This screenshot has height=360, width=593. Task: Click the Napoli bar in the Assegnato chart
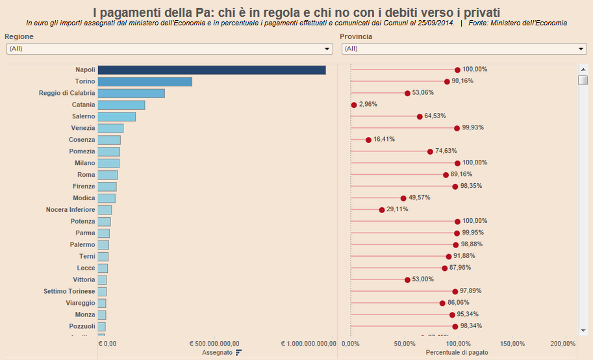click(x=212, y=70)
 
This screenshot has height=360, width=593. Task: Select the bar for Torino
click(x=145, y=82)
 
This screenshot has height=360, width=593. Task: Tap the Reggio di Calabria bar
click(x=131, y=94)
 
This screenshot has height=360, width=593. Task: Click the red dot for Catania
click(x=354, y=105)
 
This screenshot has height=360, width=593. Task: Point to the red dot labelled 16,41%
click(x=368, y=140)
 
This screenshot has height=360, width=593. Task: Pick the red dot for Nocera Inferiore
click(x=382, y=210)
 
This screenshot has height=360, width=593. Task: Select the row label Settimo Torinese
click(x=69, y=291)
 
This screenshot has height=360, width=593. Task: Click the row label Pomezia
click(x=82, y=151)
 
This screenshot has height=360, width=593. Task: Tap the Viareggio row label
click(x=80, y=303)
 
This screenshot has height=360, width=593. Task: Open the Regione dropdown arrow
click(x=327, y=49)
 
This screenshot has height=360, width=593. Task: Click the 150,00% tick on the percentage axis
click(x=513, y=343)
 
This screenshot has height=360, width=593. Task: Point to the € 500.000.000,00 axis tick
click(x=214, y=343)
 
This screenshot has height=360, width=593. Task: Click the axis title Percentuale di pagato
click(x=457, y=352)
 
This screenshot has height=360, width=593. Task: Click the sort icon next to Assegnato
click(x=239, y=352)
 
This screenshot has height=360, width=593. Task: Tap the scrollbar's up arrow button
click(x=583, y=70)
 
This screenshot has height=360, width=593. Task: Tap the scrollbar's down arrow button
click(x=583, y=329)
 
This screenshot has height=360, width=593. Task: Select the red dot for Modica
click(x=403, y=198)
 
